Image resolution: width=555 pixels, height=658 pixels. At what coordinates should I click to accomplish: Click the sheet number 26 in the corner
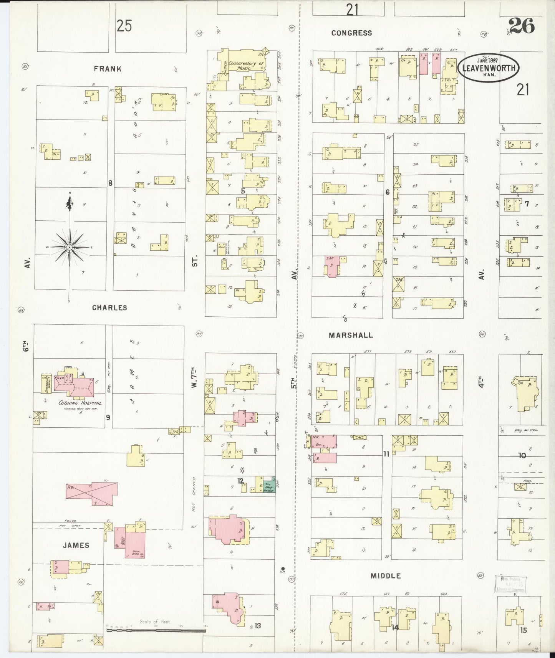[x=521, y=26]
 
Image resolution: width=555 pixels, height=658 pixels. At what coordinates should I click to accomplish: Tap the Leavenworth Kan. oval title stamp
[x=487, y=68]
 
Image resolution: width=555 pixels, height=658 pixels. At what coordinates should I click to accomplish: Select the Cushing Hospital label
[x=80, y=403]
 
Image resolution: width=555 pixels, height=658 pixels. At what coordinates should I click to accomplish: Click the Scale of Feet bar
[x=156, y=630]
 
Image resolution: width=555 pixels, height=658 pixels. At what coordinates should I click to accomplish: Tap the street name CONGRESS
[x=351, y=33]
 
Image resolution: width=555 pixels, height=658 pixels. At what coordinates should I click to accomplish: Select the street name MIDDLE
[x=386, y=576]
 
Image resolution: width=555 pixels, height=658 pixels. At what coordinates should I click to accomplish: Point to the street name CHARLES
[x=109, y=308]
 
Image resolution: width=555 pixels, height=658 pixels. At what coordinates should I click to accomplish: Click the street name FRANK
[x=108, y=69]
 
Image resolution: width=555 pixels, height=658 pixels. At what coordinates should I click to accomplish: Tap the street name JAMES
[x=76, y=545]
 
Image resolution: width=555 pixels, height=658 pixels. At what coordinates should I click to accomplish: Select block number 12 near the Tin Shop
[x=241, y=481]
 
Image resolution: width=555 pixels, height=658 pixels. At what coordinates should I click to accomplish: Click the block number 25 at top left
[x=124, y=26]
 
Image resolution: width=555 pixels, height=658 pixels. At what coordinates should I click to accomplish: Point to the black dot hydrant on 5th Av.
[x=283, y=569]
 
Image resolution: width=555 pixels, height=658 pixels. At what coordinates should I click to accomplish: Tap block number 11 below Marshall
[x=386, y=454]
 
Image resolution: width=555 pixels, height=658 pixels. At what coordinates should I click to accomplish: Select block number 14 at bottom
[x=395, y=628]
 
